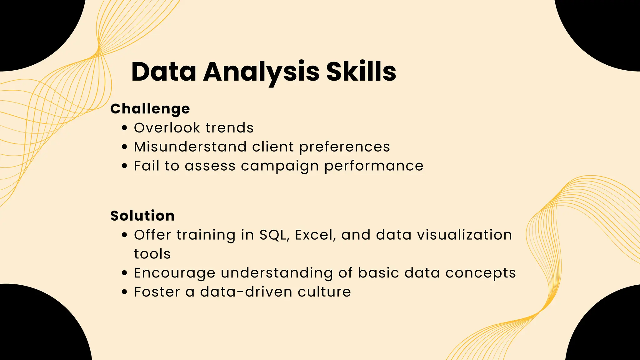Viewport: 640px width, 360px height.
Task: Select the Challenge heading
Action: click(150, 109)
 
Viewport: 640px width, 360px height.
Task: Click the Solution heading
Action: click(142, 216)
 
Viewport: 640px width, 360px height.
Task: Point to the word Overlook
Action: click(167, 128)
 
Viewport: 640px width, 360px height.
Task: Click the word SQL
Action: click(273, 235)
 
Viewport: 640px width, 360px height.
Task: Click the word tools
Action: click(152, 254)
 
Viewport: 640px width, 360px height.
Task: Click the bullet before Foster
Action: click(125, 292)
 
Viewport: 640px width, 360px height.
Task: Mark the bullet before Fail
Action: click(125, 166)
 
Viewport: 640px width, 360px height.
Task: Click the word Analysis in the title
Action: click(261, 72)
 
